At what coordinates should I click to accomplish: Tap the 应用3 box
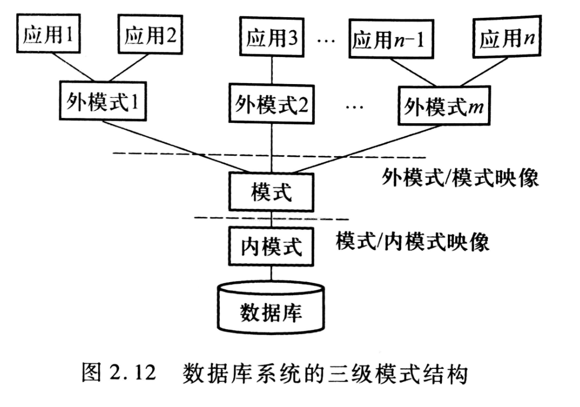pyautogui.click(x=271, y=38)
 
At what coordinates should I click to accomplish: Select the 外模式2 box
pyautogui.click(x=271, y=103)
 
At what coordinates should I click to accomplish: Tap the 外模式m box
pyautogui.click(x=444, y=106)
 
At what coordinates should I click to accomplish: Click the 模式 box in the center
pyautogui.click(x=271, y=193)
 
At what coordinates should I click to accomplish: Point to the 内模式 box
pyautogui.click(x=271, y=246)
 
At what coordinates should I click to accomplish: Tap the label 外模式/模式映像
pyautogui.click(x=459, y=179)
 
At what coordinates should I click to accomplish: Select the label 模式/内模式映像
pyautogui.click(x=412, y=241)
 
